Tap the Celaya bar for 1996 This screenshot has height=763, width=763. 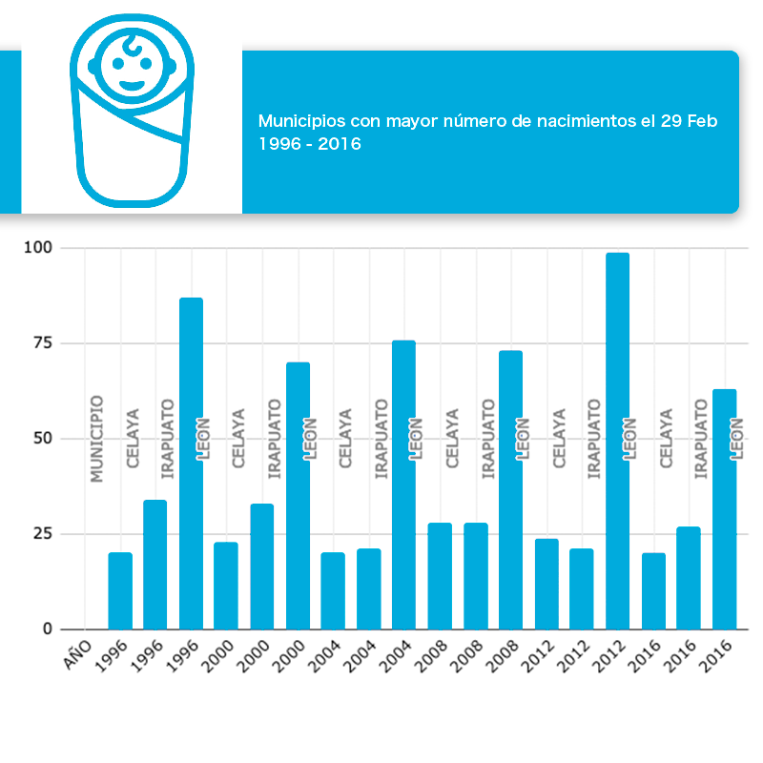pos(120,591)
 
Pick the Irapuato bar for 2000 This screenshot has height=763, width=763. pos(262,567)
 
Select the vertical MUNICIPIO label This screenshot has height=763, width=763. pos(96,439)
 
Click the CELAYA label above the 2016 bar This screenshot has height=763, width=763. pos(667,439)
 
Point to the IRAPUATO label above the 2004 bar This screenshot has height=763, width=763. pos(382,439)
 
